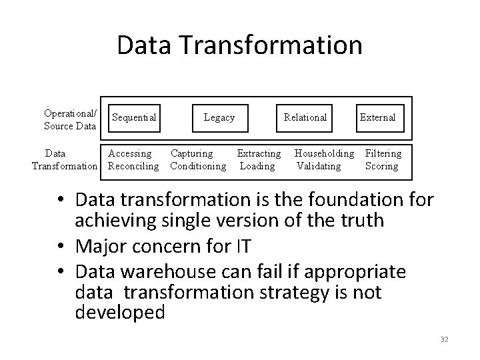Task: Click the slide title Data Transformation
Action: pyautogui.click(x=239, y=45)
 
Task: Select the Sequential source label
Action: pyautogui.click(x=134, y=118)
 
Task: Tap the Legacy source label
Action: pyautogui.click(x=219, y=118)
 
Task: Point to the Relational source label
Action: pyautogui.click(x=305, y=118)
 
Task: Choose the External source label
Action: pyautogui.click(x=377, y=118)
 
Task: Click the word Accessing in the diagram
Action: pyautogui.click(x=130, y=154)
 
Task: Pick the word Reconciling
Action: pyautogui.click(x=133, y=166)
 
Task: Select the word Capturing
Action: pyautogui.click(x=192, y=154)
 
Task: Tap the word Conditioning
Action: pyautogui.click(x=198, y=166)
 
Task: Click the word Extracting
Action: pyautogui.click(x=259, y=154)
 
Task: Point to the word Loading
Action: pyautogui.click(x=257, y=166)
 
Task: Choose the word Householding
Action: pyautogui.click(x=325, y=154)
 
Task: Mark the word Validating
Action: pyautogui.click(x=319, y=166)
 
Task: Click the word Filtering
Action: pyautogui.click(x=383, y=154)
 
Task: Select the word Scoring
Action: pyautogui.click(x=381, y=166)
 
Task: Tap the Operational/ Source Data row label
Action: pyautogui.click(x=70, y=119)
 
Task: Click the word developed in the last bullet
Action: pyautogui.click(x=120, y=312)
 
